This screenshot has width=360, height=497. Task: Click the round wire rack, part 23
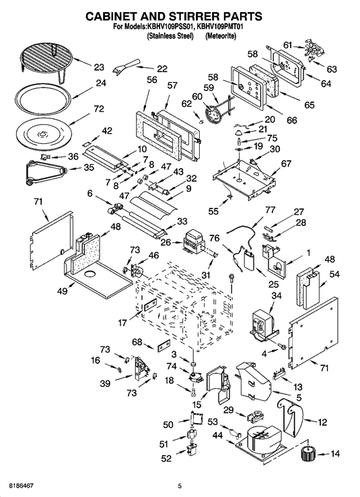click(46, 61)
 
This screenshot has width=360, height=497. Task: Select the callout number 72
click(99, 109)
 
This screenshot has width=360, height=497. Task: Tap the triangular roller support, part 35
click(46, 171)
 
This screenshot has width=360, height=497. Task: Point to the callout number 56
click(152, 79)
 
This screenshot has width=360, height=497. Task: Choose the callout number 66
click(292, 120)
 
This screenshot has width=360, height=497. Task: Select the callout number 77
click(270, 210)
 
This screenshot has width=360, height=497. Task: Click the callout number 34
click(277, 296)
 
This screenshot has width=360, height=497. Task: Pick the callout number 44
click(217, 436)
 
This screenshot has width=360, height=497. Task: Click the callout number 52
click(166, 459)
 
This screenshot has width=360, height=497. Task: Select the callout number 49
click(63, 291)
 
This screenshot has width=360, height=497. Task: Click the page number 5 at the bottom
click(180, 486)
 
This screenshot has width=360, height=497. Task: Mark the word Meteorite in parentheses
click(221, 36)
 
